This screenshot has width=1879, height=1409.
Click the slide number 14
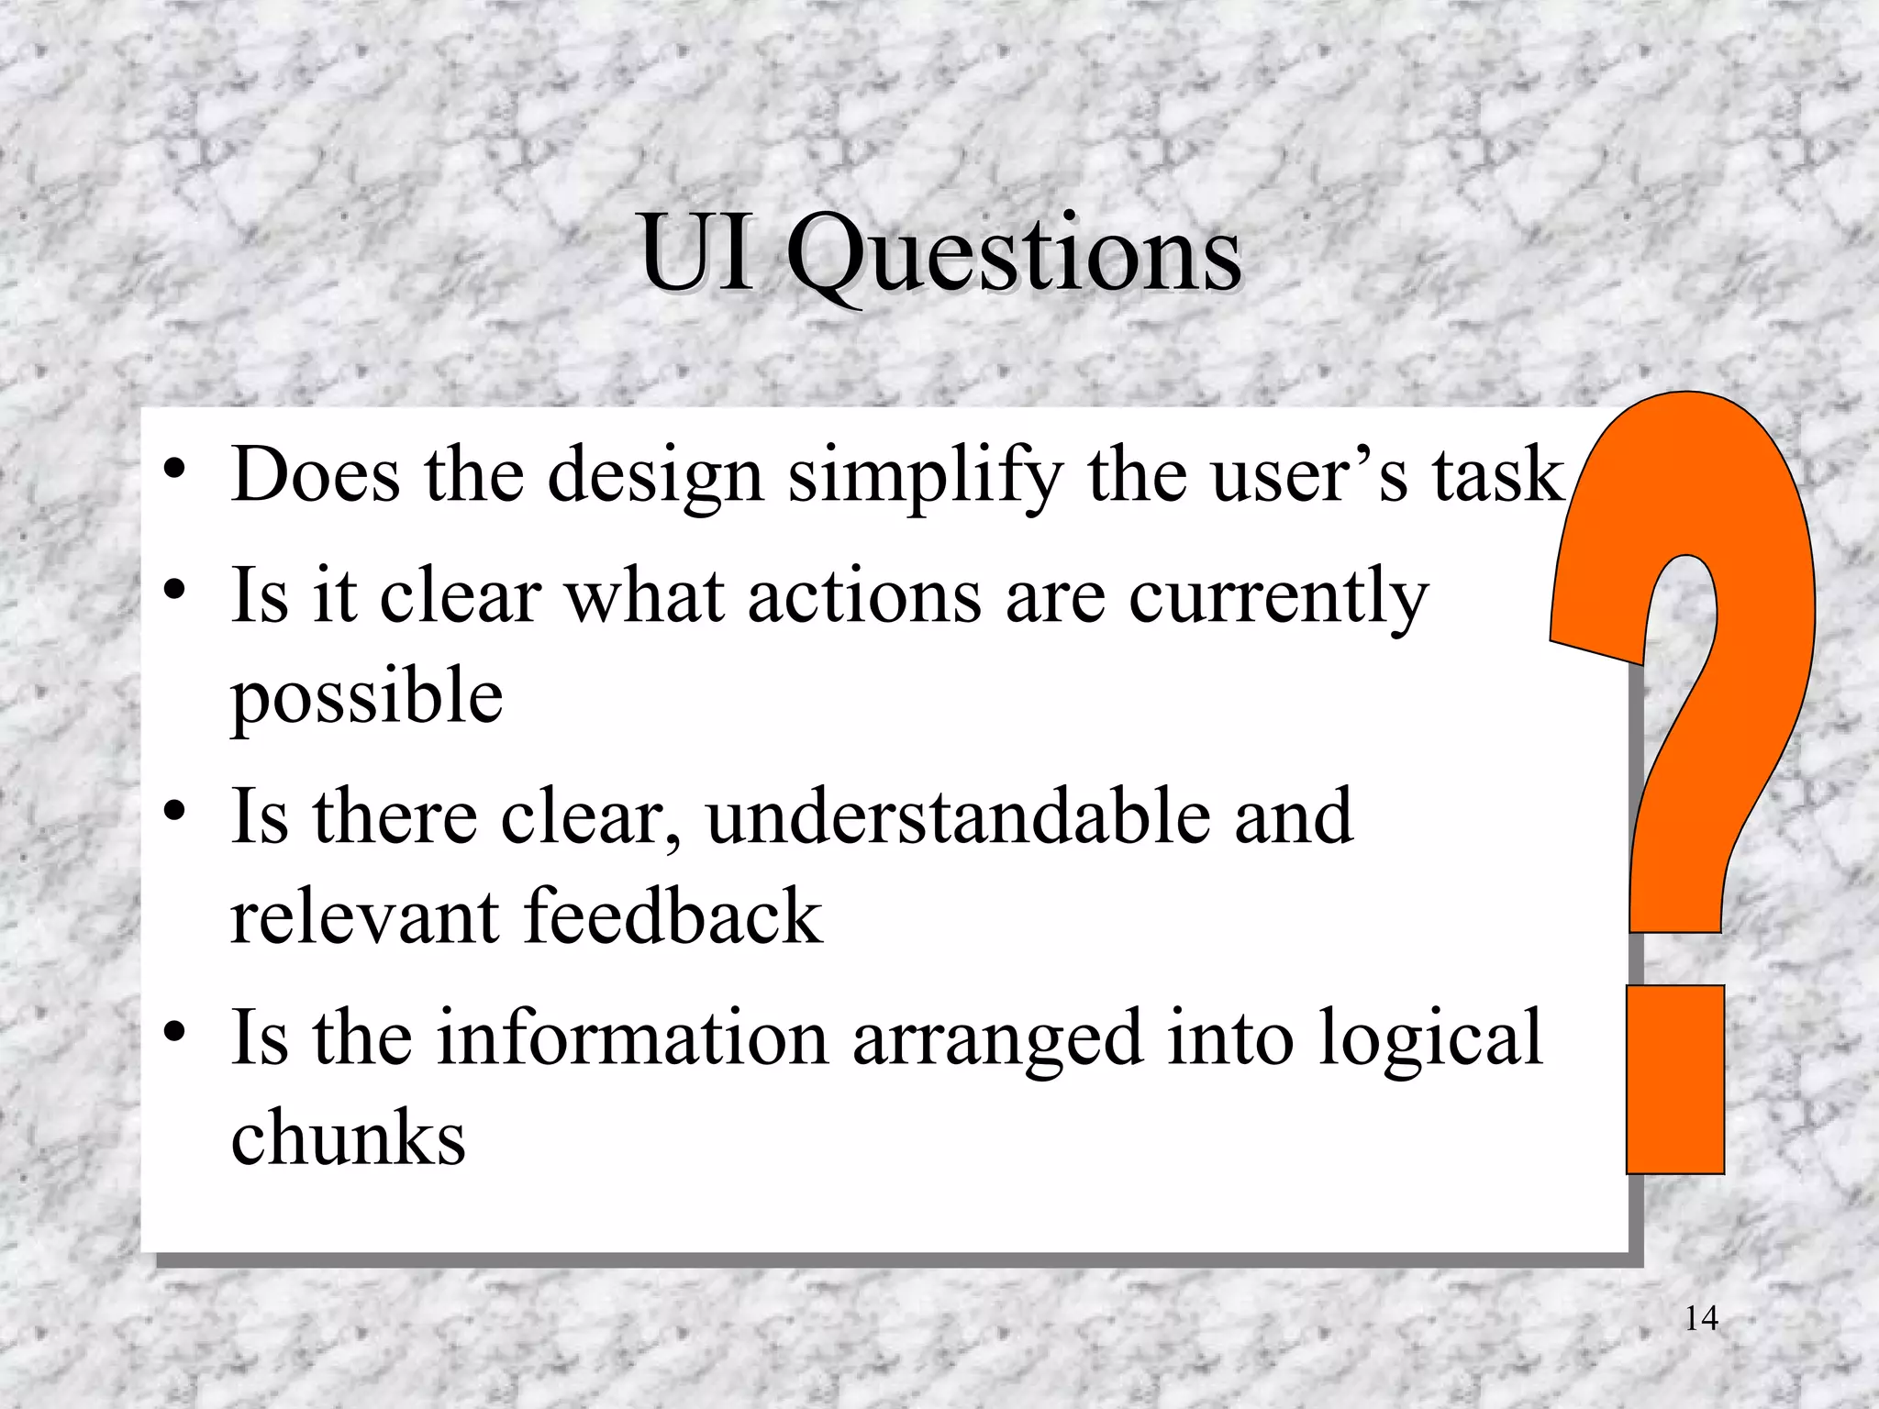click(x=1701, y=1318)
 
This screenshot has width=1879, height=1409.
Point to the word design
click(x=655, y=477)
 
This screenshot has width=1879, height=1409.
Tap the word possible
click(x=366, y=695)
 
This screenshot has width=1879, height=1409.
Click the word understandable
click(x=958, y=816)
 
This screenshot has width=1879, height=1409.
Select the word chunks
click(x=348, y=1137)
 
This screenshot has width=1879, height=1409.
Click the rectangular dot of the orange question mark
click(x=1674, y=1080)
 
